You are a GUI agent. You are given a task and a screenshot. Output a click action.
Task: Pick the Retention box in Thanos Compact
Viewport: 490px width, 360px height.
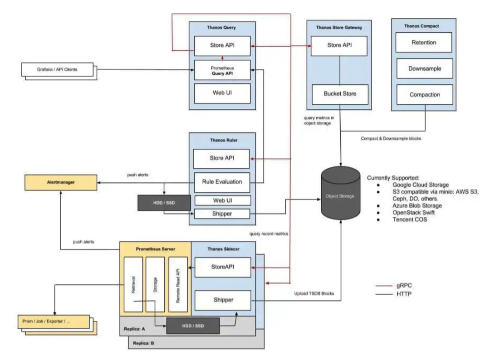click(424, 43)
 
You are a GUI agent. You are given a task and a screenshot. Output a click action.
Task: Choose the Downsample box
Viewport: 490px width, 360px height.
click(424, 68)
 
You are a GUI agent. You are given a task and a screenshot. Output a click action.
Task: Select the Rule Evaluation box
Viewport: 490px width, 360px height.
click(222, 183)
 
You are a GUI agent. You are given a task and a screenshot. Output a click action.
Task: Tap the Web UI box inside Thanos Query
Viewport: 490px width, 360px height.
click(222, 94)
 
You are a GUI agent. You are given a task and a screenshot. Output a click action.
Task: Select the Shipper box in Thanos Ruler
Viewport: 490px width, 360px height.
click(222, 213)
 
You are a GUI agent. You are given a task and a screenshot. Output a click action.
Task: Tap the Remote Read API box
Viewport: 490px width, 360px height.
click(177, 284)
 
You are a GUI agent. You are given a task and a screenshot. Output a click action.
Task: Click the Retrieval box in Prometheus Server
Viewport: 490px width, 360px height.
click(133, 284)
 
